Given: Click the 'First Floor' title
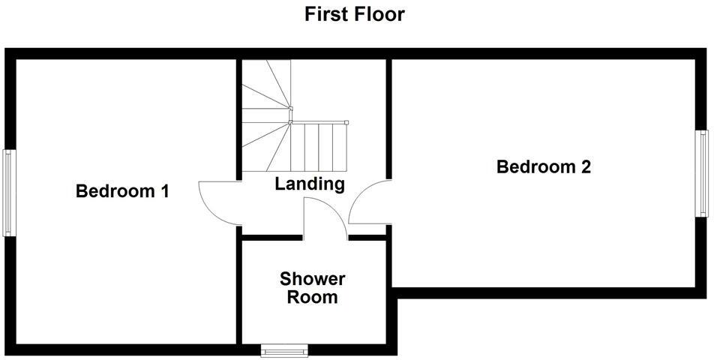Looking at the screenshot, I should click(355, 13).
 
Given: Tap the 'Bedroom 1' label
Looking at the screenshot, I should click(122, 191).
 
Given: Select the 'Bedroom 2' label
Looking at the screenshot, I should click(544, 166).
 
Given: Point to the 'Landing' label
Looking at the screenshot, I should click(309, 184).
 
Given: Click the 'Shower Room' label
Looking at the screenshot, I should click(313, 288).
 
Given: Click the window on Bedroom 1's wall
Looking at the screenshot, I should click(8, 193).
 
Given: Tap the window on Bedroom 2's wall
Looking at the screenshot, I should click(703, 174).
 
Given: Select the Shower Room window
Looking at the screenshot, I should click(284, 349).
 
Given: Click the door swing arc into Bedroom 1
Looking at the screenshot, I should click(214, 203).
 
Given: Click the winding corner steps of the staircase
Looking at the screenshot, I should click(264, 97).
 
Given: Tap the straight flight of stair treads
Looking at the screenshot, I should click(319, 146).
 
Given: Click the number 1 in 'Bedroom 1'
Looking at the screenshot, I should click(163, 191).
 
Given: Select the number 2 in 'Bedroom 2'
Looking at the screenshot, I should click(585, 166).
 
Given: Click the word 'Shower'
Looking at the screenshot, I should click(313, 279).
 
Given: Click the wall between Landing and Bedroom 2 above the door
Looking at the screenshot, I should click(389, 120).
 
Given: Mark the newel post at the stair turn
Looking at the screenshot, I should click(290, 122).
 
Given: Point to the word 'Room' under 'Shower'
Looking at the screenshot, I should click(313, 298).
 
